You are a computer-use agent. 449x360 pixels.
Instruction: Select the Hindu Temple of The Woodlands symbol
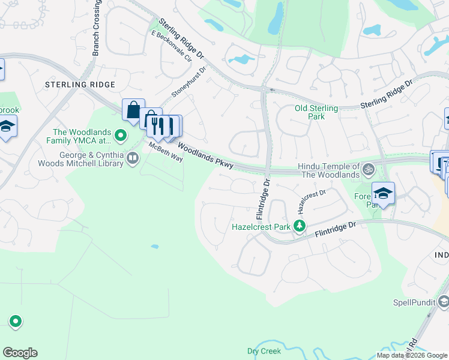pos(369,170)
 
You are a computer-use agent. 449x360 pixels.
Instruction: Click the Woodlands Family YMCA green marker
pos(121,136)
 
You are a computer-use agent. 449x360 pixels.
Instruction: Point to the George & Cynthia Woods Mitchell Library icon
pos(133,158)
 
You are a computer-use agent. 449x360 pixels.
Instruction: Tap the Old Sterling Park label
pos(316,112)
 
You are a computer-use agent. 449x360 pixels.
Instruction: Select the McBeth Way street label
pos(166,149)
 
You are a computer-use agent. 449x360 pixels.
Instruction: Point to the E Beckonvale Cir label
pos(171,46)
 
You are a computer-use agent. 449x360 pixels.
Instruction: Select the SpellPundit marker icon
pos(444,301)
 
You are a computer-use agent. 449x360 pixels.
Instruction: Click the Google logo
pos(20,353)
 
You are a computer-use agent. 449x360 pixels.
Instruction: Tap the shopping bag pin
pos(133,110)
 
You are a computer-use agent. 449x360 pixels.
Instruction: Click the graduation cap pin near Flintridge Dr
pos(382,193)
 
